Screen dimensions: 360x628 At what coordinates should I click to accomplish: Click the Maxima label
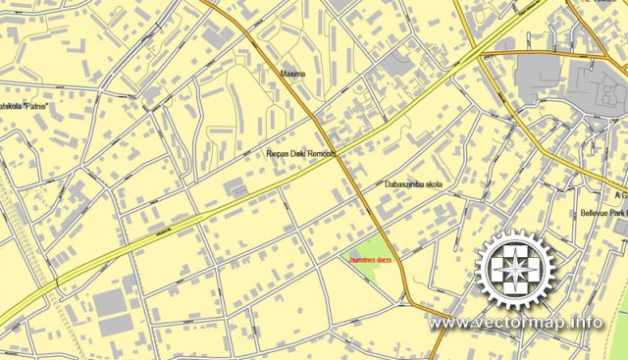[292, 73]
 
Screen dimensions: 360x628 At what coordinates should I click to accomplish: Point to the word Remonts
[321, 154]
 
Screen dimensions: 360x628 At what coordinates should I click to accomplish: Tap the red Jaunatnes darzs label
[365, 259]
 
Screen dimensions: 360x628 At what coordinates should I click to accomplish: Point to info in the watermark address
[589, 322]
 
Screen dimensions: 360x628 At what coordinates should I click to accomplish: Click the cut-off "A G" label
[618, 195]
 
